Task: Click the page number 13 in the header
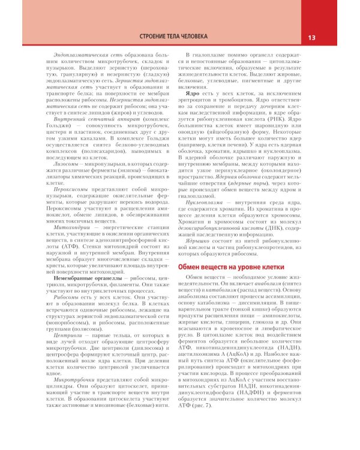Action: click(x=311, y=38)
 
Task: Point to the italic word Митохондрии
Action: click(x=70, y=229)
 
